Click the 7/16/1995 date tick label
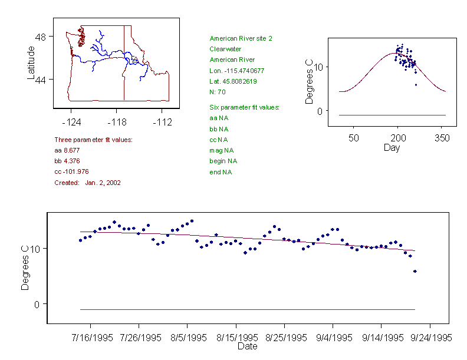pyautogui.click(x=90, y=338)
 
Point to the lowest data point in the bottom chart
pyautogui.click(x=415, y=271)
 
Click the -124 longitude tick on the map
pyautogui.click(x=71, y=123)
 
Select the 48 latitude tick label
pyautogui.click(x=41, y=37)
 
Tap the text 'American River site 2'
pyautogui.click(x=241, y=38)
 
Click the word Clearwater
pyautogui.click(x=225, y=49)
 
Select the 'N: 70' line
pyautogui.click(x=218, y=92)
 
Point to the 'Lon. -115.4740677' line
pyautogui.click(x=236, y=71)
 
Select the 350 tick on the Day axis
pyautogui.click(x=442, y=138)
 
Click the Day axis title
pyautogui.click(x=392, y=147)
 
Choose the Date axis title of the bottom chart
pyautogui.click(x=247, y=346)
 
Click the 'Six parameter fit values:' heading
pyautogui.click(x=244, y=107)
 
